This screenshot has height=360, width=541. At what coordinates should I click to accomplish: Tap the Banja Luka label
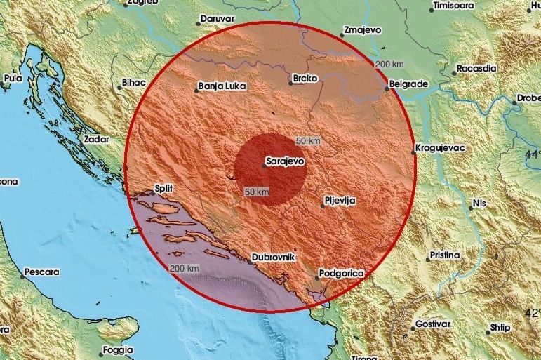(221, 88)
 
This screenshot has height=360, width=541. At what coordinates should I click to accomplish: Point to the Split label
(163, 189)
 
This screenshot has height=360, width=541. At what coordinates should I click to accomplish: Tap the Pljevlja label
(340, 201)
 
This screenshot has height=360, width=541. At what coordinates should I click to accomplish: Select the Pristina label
(445, 254)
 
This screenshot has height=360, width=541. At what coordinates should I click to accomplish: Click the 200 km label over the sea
(185, 268)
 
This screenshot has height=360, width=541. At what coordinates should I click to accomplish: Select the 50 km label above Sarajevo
(308, 140)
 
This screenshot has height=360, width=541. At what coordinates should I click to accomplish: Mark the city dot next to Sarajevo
(264, 166)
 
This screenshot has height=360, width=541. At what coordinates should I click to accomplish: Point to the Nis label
(479, 203)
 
